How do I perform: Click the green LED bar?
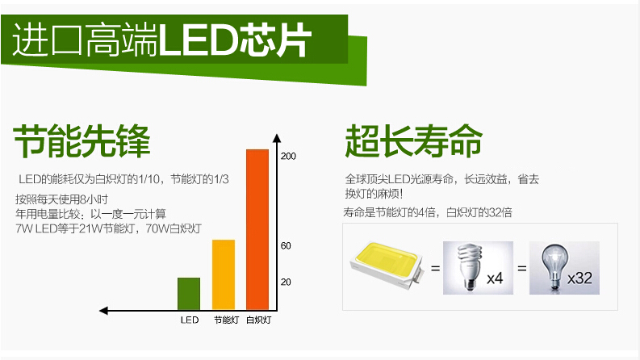(x=189, y=294)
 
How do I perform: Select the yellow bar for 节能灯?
(x=224, y=274)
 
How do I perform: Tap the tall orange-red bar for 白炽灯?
(x=257, y=230)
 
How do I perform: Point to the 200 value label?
(x=288, y=156)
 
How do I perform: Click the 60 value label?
(x=286, y=245)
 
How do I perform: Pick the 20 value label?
(x=286, y=282)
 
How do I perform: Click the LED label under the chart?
(x=190, y=320)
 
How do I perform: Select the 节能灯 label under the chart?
(x=226, y=320)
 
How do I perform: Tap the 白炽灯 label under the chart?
(x=259, y=320)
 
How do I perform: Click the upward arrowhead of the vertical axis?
(x=277, y=138)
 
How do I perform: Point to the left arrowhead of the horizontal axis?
(x=103, y=311)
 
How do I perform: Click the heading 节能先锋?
(x=82, y=141)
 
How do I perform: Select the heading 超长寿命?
(x=413, y=141)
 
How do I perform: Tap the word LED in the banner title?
(x=199, y=40)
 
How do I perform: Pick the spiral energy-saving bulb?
(x=469, y=267)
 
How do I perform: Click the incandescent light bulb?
(x=554, y=267)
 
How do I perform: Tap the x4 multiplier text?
(x=495, y=278)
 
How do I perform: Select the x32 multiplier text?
(x=579, y=278)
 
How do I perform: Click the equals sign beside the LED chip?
(x=436, y=269)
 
